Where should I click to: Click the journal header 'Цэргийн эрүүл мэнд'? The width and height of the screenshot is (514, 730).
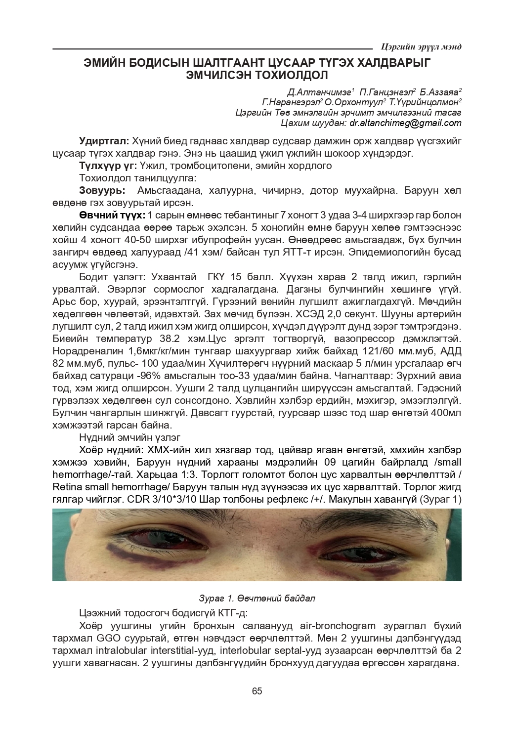pyautogui.click(x=421, y=47)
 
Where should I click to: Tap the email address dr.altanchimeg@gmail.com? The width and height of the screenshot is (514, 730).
pyautogui.click(x=405, y=123)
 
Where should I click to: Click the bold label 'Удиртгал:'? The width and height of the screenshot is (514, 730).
pyautogui.click(x=104, y=141)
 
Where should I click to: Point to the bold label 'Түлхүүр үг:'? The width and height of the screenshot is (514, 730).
pyautogui.click(x=108, y=166)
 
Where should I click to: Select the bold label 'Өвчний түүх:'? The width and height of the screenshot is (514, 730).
pyautogui.click(x=112, y=215)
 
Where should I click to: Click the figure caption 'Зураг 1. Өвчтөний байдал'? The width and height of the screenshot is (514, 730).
pyautogui.click(x=257, y=598)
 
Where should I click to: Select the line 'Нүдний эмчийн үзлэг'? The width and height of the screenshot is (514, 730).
pyautogui.click(x=129, y=437)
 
